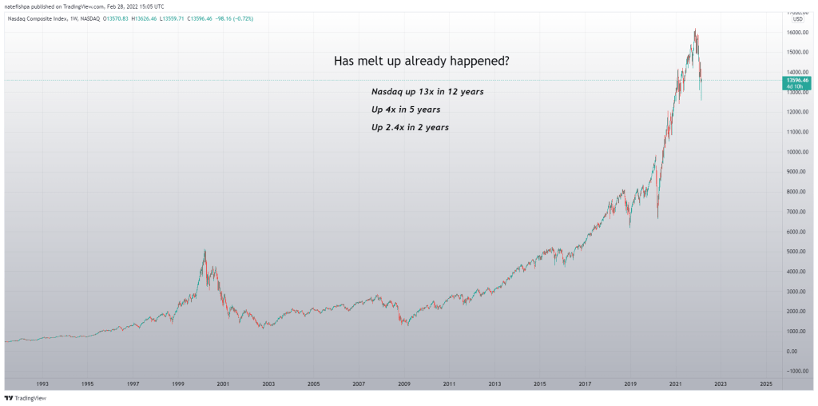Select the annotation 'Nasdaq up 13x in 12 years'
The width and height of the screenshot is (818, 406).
[x=427, y=92]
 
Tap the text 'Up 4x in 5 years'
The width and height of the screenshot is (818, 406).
[x=406, y=109]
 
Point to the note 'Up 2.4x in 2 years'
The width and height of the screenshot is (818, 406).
[x=409, y=127]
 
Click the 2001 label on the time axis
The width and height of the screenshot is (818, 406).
[x=223, y=384]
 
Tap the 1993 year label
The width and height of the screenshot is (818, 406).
[x=42, y=384]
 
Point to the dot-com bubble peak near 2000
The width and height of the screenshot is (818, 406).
[x=205, y=250]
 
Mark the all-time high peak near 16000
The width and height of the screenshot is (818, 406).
[x=695, y=30]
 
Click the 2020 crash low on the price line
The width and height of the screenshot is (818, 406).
[x=657, y=217]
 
